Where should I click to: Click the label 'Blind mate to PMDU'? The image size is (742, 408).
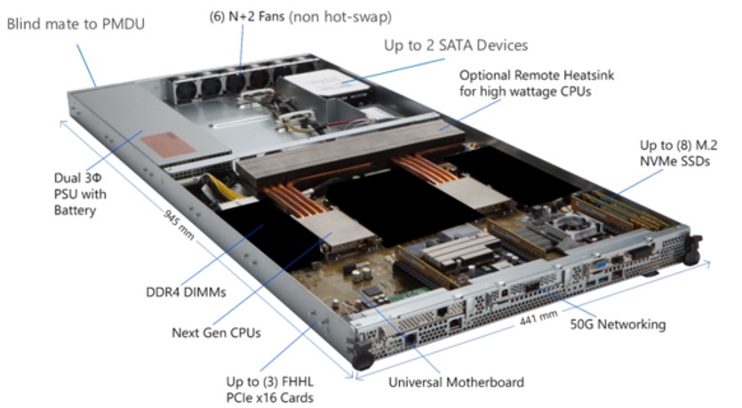pos(76,24)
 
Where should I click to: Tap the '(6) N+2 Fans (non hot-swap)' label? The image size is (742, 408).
pos(300,17)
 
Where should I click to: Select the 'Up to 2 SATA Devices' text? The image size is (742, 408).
pos(456,45)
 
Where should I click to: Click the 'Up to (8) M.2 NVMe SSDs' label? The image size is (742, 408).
pos(678,153)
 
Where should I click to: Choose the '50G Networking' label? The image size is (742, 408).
pos(618,324)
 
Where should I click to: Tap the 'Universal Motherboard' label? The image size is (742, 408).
pos(456,382)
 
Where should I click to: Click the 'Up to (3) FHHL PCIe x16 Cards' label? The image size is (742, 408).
pos(270,389)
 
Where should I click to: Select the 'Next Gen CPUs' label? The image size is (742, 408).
pos(216,332)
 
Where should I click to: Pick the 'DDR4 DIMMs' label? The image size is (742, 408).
pos(186,292)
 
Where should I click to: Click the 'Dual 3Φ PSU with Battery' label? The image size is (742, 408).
pos(80,194)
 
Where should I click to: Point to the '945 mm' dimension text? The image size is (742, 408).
pos(179,224)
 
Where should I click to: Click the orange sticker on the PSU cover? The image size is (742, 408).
pos(168,145)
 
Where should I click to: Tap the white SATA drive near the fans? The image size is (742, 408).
pos(328,84)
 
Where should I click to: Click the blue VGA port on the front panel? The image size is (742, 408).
pos(599,264)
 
